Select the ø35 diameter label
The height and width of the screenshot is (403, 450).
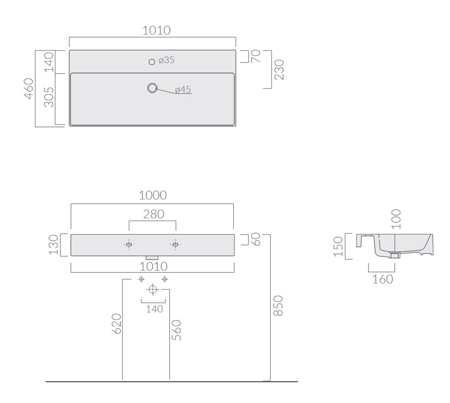pos(166,60)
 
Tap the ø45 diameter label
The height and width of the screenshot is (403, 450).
pos(183,90)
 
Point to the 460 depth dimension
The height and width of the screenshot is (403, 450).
pos(28,89)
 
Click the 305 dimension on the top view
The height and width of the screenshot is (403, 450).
pos(49,97)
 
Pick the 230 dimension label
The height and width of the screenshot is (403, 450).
pos(279,70)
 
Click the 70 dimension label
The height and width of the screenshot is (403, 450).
pos(255,56)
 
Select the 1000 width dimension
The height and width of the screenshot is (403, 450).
pos(153,195)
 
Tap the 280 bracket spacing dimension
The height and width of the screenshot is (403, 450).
pos(154,214)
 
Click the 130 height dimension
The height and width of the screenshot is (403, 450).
pos(53,245)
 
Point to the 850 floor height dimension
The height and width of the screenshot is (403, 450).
pos(278,306)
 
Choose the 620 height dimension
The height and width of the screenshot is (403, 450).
pos(116,324)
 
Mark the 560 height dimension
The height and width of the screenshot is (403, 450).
pos(176,330)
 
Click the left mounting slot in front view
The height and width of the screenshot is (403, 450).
pos(129,245)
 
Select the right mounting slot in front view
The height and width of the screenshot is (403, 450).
pos(175,245)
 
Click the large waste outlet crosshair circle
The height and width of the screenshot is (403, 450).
pos(153,289)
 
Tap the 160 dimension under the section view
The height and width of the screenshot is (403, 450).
pos(382,279)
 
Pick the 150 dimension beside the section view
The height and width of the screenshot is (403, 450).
pos(338,246)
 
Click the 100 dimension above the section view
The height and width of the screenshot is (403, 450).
pos(396,219)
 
